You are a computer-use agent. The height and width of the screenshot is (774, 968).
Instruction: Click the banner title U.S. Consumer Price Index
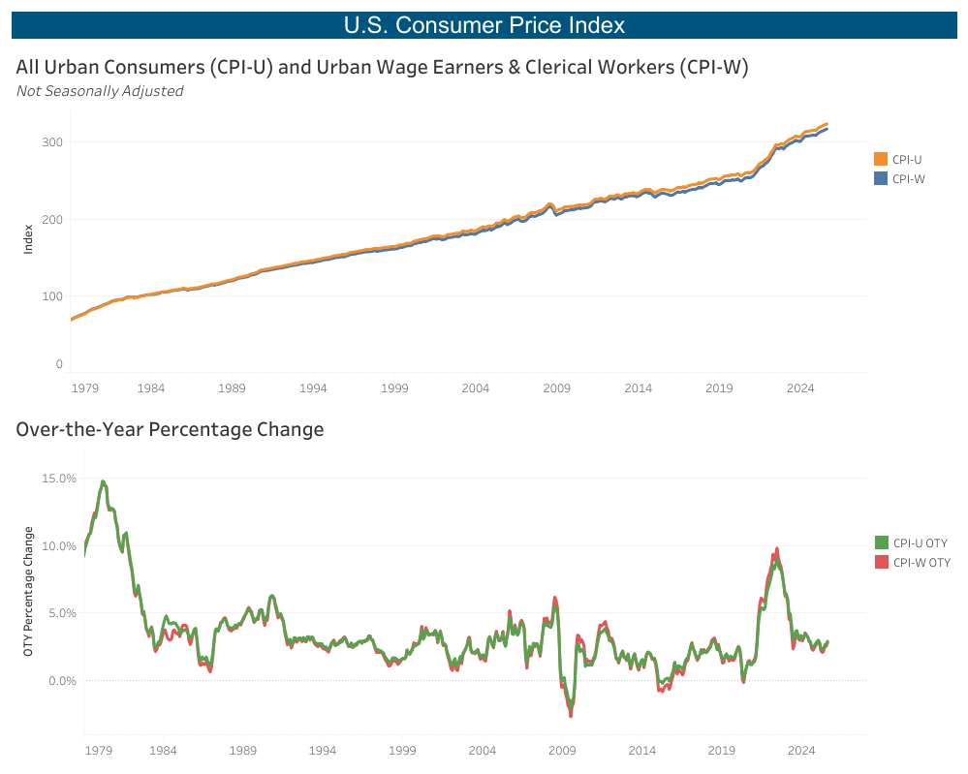(484, 25)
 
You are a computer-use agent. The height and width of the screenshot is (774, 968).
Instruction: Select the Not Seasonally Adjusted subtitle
(100, 91)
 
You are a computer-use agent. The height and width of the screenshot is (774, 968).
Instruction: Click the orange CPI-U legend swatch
(881, 159)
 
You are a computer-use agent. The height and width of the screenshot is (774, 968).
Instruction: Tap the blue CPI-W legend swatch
(881, 178)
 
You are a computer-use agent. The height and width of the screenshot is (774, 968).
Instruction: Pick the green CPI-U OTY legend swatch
(881, 542)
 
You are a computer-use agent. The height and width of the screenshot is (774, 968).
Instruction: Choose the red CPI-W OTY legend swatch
(881, 562)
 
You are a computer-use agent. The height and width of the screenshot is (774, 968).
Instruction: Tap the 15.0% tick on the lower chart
(59, 479)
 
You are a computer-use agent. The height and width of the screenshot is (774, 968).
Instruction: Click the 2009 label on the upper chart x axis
(556, 388)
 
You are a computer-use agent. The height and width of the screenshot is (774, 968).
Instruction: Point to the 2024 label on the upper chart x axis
(800, 388)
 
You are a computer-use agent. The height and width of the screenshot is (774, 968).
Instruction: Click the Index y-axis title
(29, 238)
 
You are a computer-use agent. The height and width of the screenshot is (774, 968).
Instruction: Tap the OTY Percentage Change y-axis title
(29, 591)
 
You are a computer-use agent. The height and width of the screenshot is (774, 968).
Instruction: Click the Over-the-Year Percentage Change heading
(170, 429)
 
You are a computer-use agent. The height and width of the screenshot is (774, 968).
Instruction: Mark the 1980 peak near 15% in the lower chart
(103, 481)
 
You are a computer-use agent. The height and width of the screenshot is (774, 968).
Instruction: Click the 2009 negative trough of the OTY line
(571, 714)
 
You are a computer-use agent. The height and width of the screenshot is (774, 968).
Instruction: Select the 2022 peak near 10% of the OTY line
(776, 550)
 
